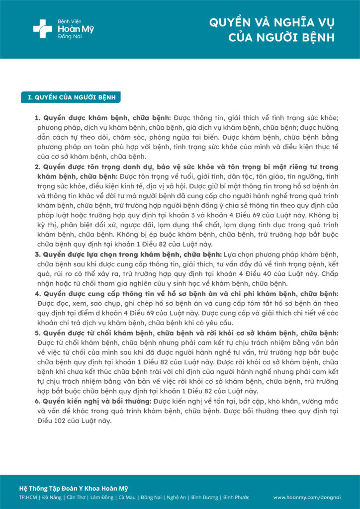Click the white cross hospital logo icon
43,28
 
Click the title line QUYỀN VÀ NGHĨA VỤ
271,23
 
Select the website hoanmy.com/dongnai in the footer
307,497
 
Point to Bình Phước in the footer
236,497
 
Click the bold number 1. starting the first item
37,118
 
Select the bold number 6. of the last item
37,401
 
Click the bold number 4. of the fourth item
37,293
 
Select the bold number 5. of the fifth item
37,333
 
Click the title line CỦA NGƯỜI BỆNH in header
281,38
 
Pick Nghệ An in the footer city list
176,497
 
